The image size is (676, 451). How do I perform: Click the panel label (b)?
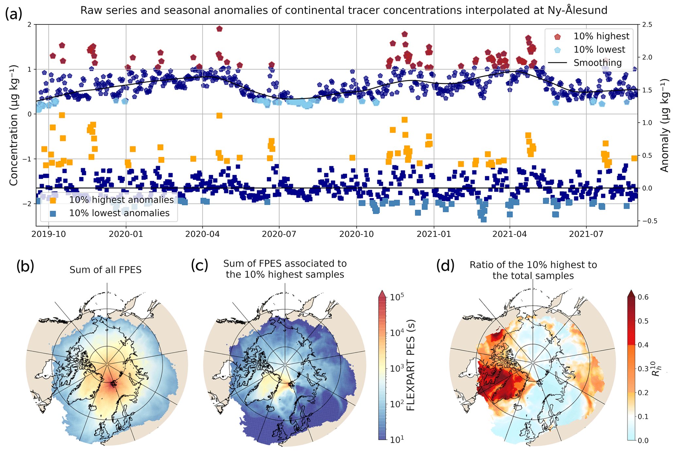pyautogui.click(x=25, y=267)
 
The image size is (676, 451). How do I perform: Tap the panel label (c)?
pyautogui.click(x=199, y=265)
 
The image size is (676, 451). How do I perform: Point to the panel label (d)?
pyautogui.click(x=445, y=266)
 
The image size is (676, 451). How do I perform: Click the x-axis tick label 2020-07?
pyautogui.click(x=279, y=234)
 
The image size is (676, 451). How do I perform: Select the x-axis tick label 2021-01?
pyautogui.click(x=433, y=234)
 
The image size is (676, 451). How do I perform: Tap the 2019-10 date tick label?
pyautogui.click(x=48, y=234)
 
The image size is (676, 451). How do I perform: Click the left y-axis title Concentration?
pyautogui.click(x=13, y=125)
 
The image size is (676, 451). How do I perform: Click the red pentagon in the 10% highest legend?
pyautogui.click(x=558, y=37)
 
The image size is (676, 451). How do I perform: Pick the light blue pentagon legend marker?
pyautogui.click(x=558, y=50)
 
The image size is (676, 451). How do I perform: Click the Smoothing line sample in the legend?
pyautogui.click(x=558, y=63)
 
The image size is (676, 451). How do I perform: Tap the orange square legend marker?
pyautogui.click(x=52, y=200)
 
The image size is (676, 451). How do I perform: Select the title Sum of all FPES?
pyautogui.click(x=105, y=270)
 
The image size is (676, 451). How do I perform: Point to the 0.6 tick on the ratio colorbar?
pyautogui.click(x=643, y=297)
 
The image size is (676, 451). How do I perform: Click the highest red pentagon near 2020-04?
pyautogui.click(x=219, y=29)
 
